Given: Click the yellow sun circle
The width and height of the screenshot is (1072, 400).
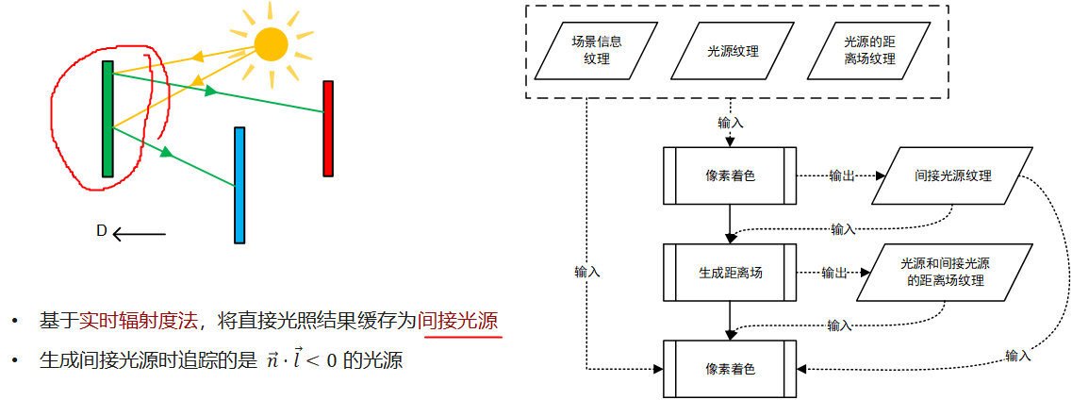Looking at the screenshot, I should [x=272, y=43].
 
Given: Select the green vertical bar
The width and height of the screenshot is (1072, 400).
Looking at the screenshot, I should [x=107, y=119].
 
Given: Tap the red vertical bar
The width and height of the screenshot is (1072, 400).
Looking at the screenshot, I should [x=328, y=128].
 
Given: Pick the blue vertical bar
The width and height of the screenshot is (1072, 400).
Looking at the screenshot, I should [x=239, y=185].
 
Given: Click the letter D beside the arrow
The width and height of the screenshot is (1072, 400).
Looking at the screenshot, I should [x=101, y=231].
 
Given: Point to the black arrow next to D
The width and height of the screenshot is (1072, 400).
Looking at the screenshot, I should [x=139, y=234].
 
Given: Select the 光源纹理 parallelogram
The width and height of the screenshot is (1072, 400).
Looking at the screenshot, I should [x=733, y=51].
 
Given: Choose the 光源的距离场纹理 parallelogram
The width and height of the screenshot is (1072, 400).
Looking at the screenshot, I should [x=869, y=51].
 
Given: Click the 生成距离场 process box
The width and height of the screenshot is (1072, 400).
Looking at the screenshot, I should [x=730, y=273].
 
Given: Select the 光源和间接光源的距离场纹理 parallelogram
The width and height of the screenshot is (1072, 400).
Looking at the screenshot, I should [x=943, y=273].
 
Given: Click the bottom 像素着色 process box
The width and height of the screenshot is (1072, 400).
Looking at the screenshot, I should [x=730, y=369].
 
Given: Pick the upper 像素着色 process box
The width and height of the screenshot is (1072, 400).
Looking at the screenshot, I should [x=730, y=175].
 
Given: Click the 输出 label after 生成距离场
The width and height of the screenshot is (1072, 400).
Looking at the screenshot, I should [x=834, y=273].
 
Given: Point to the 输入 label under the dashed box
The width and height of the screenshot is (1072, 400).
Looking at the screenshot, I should [x=731, y=123].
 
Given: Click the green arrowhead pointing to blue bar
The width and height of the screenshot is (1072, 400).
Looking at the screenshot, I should [x=166, y=151].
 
